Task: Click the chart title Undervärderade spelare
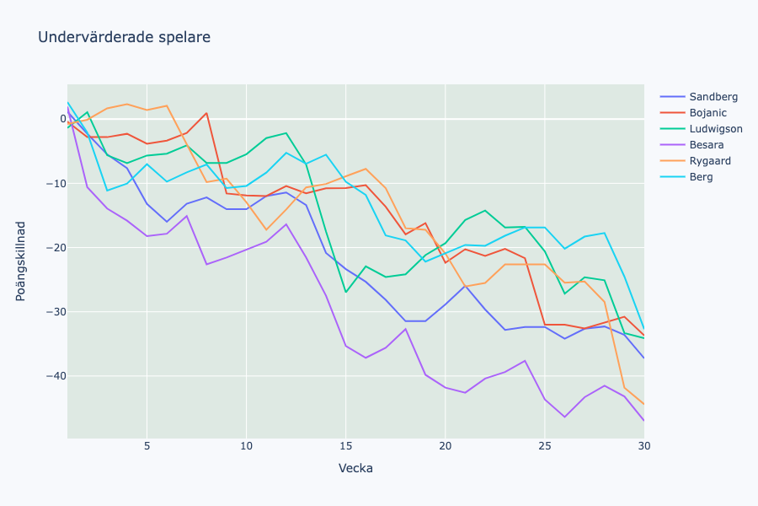[124, 37]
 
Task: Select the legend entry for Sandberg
[713, 96]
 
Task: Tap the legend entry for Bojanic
[707, 113]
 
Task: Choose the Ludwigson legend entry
[715, 129]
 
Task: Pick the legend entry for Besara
[706, 145]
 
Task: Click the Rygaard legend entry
[710, 161]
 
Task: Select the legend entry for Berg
[701, 177]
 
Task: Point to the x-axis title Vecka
[355, 468]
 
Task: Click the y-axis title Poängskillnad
[21, 261]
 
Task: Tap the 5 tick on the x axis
[147, 446]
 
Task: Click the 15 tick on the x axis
[345, 446]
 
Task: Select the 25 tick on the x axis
[544, 446]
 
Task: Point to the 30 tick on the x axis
[643, 446]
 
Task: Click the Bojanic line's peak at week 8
[206, 113]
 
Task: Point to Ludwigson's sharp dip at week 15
[345, 292]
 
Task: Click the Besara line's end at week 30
[643, 420]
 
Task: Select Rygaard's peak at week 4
[127, 105]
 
